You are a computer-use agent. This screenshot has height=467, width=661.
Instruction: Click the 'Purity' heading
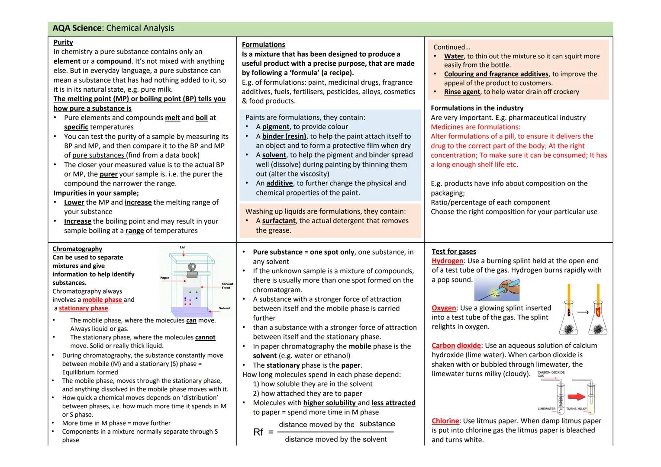tap(63, 42)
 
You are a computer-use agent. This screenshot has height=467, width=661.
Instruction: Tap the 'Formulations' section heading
tap(263, 45)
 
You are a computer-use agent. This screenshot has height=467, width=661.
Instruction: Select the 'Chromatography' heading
tap(77, 249)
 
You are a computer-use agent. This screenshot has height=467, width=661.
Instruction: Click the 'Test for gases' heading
tap(454, 252)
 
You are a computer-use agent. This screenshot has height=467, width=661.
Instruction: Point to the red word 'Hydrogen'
tap(447, 261)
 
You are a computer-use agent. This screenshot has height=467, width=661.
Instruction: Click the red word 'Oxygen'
tap(444, 308)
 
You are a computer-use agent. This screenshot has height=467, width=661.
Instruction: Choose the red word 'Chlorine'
tap(445, 421)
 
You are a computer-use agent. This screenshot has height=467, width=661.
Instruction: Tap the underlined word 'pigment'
tap(275, 127)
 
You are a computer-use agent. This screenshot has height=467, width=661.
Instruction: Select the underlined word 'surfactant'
tap(279, 221)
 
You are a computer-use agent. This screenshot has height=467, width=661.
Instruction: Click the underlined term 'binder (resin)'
tap(284, 136)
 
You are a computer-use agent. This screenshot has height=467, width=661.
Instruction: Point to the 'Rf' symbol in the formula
tap(258, 432)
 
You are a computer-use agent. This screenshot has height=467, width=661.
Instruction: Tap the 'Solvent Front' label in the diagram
tap(226, 286)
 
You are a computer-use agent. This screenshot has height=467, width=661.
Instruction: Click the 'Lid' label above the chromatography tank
tap(182, 247)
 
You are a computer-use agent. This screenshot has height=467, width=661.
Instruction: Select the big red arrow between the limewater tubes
tap(576, 397)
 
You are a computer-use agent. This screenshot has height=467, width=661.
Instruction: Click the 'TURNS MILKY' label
tap(577, 409)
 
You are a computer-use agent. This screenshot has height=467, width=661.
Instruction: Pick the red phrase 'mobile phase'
tap(102, 300)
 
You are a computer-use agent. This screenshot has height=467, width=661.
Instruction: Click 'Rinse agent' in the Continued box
tap(462, 92)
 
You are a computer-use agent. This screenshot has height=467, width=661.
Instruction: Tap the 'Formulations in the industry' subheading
tap(477, 108)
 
